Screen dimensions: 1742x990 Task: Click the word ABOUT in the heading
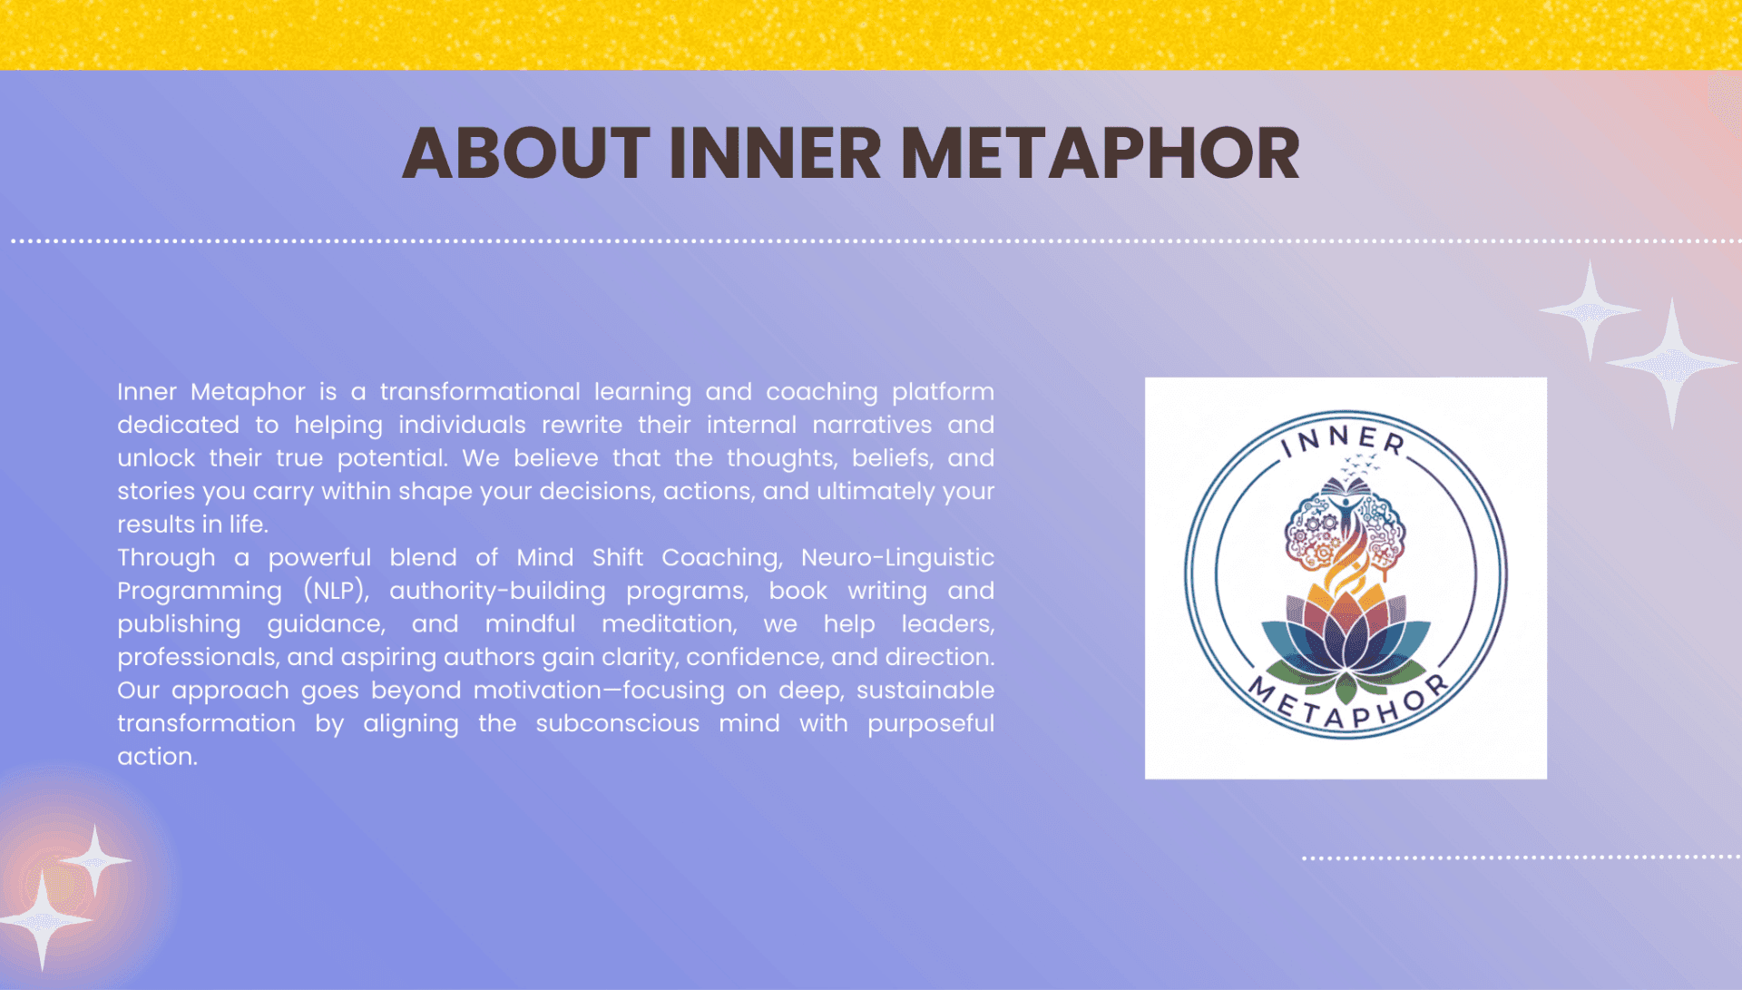pyautogui.click(x=526, y=152)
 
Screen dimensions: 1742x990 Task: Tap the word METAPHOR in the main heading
pyautogui.click(x=1100, y=152)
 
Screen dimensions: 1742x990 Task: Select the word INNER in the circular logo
pyautogui.click(x=1344, y=441)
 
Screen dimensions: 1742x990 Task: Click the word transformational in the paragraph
pyautogui.click(x=480, y=392)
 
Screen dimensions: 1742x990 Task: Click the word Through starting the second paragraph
pyautogui.click(x=166, y=558)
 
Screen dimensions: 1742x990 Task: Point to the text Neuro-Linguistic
pyautogui.click(x=897, y=558)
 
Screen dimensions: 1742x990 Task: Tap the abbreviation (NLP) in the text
pyautogui.click(x=336, y=591)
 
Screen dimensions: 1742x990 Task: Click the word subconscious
pyautogui.click(x=617, y=724)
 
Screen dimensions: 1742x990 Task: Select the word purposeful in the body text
pyautogui.click(x=931, y=724)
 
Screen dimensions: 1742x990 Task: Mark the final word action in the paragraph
pyautogui.click(x=157, y=757)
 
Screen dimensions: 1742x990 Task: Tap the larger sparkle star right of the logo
pyautogui.click(x=1671, y=363)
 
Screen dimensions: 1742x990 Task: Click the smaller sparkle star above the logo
pyautogui.click(x=1590, y=310)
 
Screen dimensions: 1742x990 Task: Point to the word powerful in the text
pyautogui.click(x=319, y=558)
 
